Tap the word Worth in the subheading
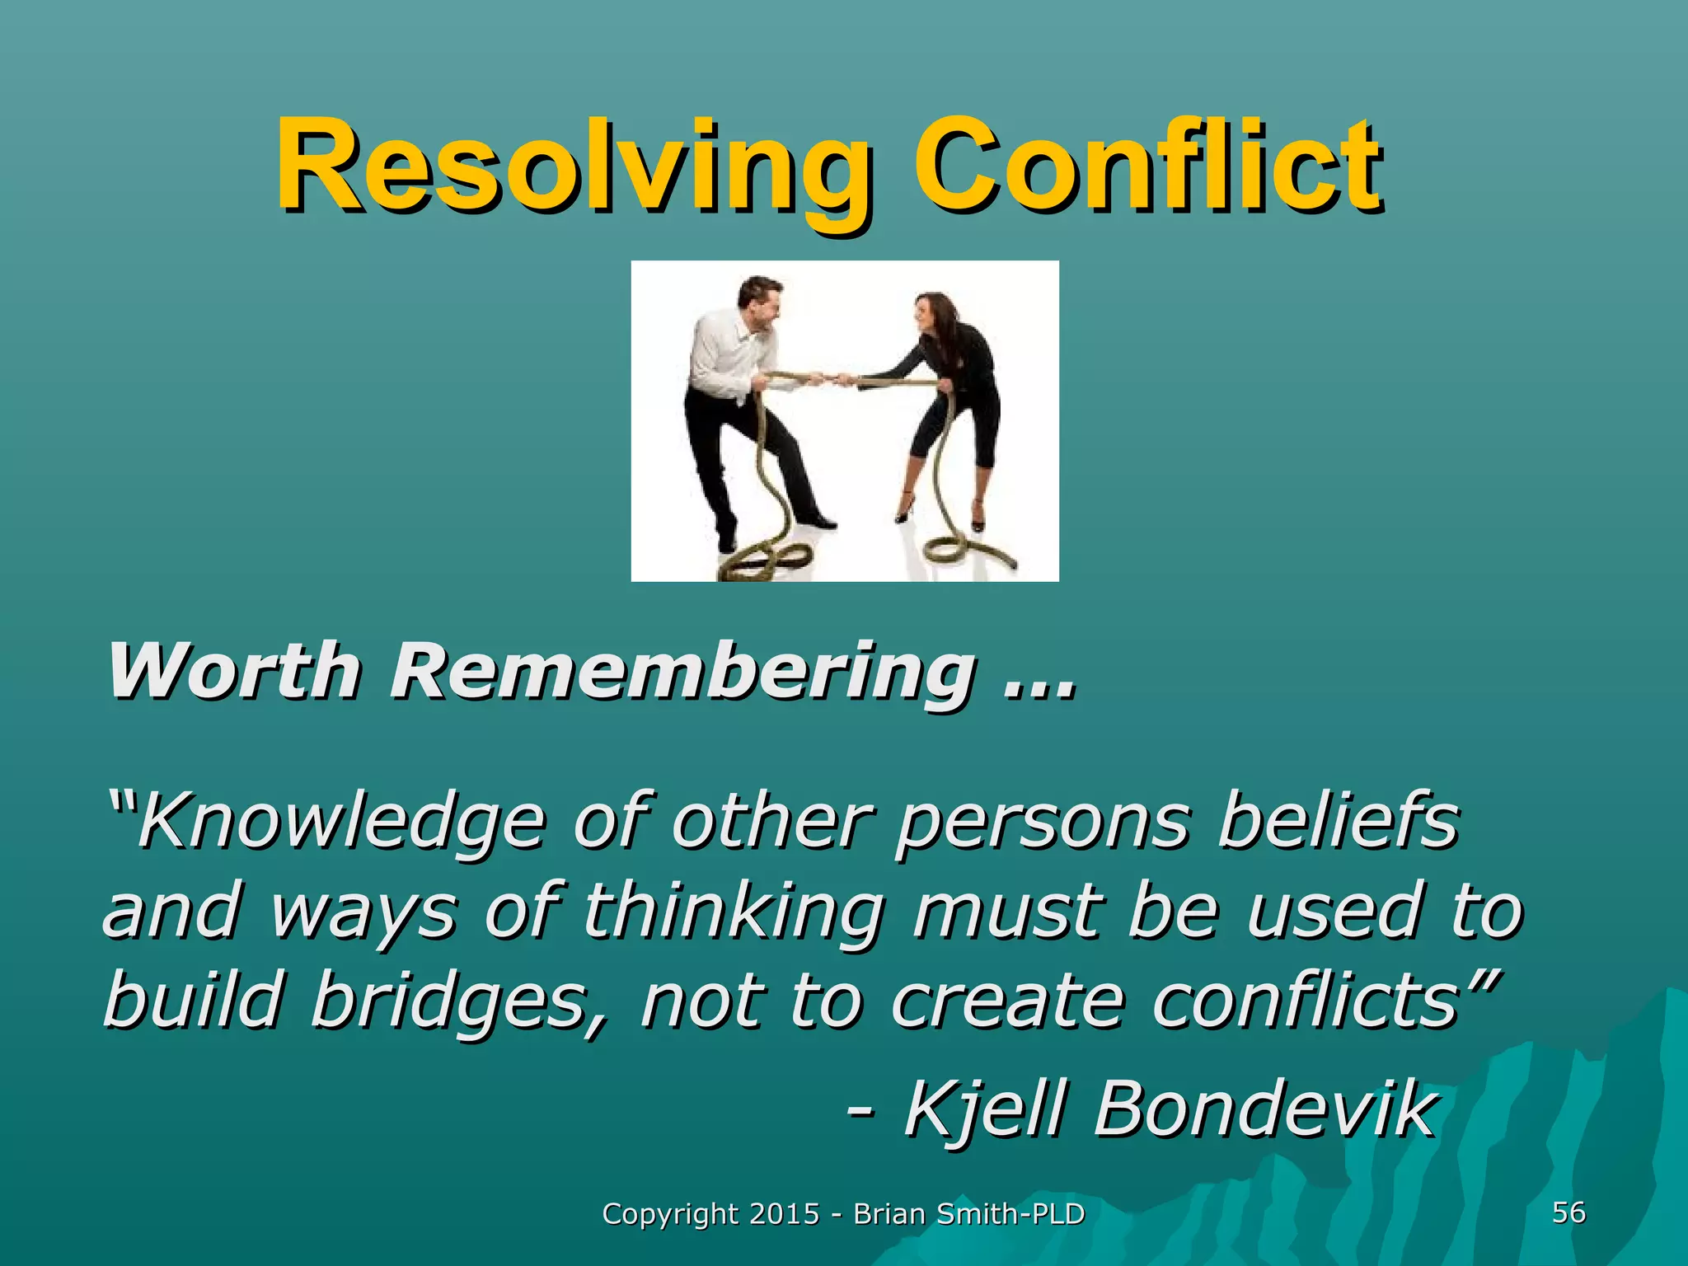(x=234, y=672)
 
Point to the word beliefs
(x=1339, y=820)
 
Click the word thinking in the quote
(x=734, y=912)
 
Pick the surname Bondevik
(x=1266, y=1109)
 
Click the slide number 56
(x=1568, y=1212)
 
